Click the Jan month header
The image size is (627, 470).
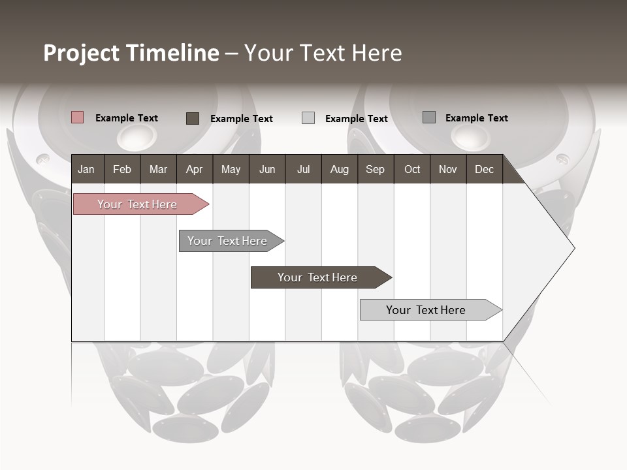tap(86, 169)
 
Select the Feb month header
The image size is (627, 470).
tap(122, 169)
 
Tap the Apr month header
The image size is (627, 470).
tap(194, 169)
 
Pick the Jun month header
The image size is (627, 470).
tap(267, 169)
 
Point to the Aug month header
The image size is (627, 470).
tap(339, 169)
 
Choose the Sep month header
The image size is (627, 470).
tap(375, 169)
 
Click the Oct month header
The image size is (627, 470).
tap(412, 169)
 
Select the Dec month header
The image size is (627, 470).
tap(484, 169)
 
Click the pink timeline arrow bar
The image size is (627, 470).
tap(138, 204)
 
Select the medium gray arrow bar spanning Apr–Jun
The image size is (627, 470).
tap(228, 241)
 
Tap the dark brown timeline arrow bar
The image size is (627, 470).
tap(317, 277)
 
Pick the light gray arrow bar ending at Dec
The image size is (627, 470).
tap(426, 310)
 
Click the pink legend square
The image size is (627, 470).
tap(78, 117)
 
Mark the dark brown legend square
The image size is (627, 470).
tap(193, 118)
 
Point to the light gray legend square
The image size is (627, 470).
tap(308, 118)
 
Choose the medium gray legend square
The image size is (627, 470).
tap(429, 117)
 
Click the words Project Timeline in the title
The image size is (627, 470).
tap(131, 53)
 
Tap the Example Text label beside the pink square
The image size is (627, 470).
tap(127, 118)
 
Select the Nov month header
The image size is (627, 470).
tap(448, 169)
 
